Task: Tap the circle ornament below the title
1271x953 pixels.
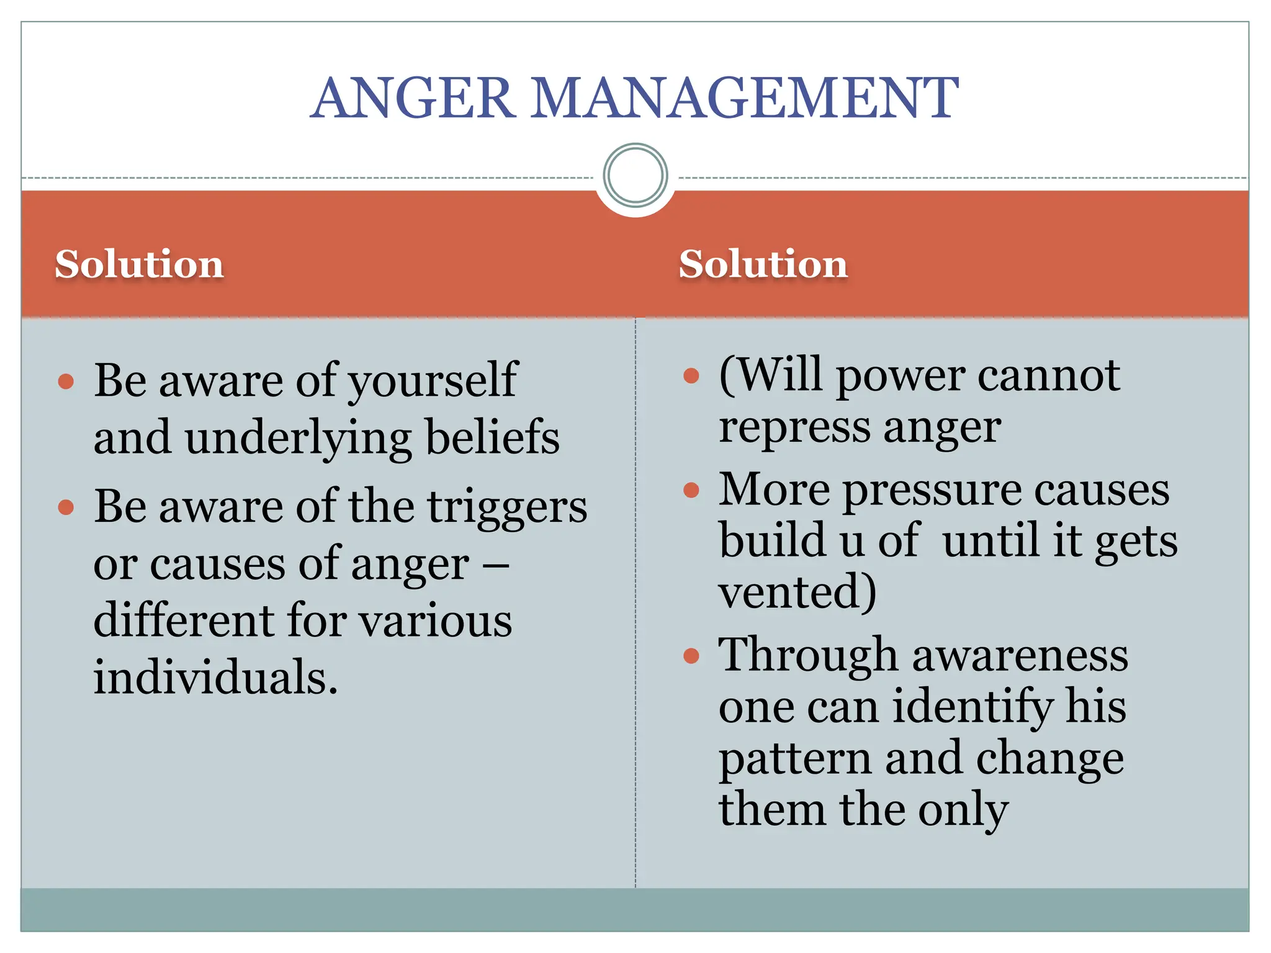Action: [x=635, y=175]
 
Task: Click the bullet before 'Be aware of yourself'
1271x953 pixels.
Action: [x=66, y=381]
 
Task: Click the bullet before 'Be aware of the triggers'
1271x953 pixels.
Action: [x=66, y=508]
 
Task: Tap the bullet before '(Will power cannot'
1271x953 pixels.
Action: [x=691, y=375]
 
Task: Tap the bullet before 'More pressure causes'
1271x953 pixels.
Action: [x=691, y=490]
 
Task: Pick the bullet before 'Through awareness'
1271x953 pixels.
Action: [x=691, y=655]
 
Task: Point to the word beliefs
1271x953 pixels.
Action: [x=493, y=437]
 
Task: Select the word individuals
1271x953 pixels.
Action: [x=215, y=677]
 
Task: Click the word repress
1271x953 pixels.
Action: [x=794, y=428]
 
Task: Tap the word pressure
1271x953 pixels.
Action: [x=932, y=490]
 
